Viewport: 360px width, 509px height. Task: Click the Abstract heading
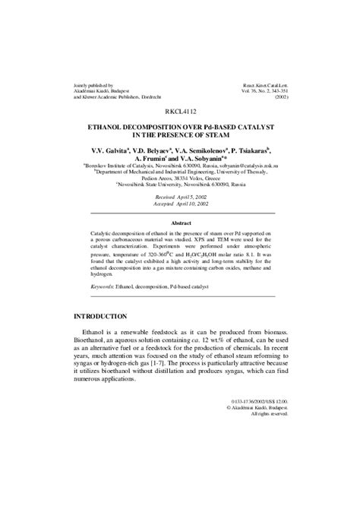tap(179, 223)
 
